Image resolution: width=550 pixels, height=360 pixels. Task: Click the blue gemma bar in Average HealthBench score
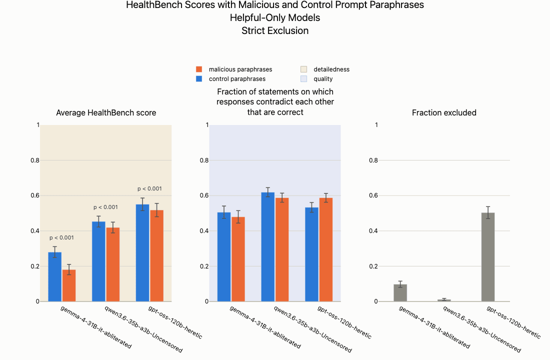point(54,277)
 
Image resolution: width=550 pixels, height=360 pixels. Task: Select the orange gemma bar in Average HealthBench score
point(69,285)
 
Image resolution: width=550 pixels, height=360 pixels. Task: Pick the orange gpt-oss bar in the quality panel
point(326,250)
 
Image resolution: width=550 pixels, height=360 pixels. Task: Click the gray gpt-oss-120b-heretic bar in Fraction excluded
point(488,257)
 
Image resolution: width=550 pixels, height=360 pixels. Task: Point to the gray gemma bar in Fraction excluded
point(400,293)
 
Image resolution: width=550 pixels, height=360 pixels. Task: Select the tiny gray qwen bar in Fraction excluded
point(444,300)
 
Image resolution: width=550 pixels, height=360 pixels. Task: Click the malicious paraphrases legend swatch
point(199,69)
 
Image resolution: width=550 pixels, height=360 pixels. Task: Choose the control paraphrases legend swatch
point(199,78)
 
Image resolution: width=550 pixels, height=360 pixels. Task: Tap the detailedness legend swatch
point(304,69)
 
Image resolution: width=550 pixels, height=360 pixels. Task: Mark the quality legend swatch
point(304,78)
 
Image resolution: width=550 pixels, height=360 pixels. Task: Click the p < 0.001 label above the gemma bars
point(61,237)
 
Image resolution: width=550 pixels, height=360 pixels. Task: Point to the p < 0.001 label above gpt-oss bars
point(150,188)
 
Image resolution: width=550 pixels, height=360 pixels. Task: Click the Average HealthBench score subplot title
point(106,112)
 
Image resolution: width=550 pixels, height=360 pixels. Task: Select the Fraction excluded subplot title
point(444,112)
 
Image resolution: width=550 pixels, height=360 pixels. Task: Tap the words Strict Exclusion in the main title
point(275,30)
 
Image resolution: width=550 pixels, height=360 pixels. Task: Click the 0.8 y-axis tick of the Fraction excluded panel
point(373,160)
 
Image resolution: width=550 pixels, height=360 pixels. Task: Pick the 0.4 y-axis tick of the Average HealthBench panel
point(35,231)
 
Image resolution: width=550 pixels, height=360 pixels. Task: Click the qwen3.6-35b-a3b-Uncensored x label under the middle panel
point(312,329)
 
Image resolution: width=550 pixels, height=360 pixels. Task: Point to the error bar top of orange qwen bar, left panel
point(113,222)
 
